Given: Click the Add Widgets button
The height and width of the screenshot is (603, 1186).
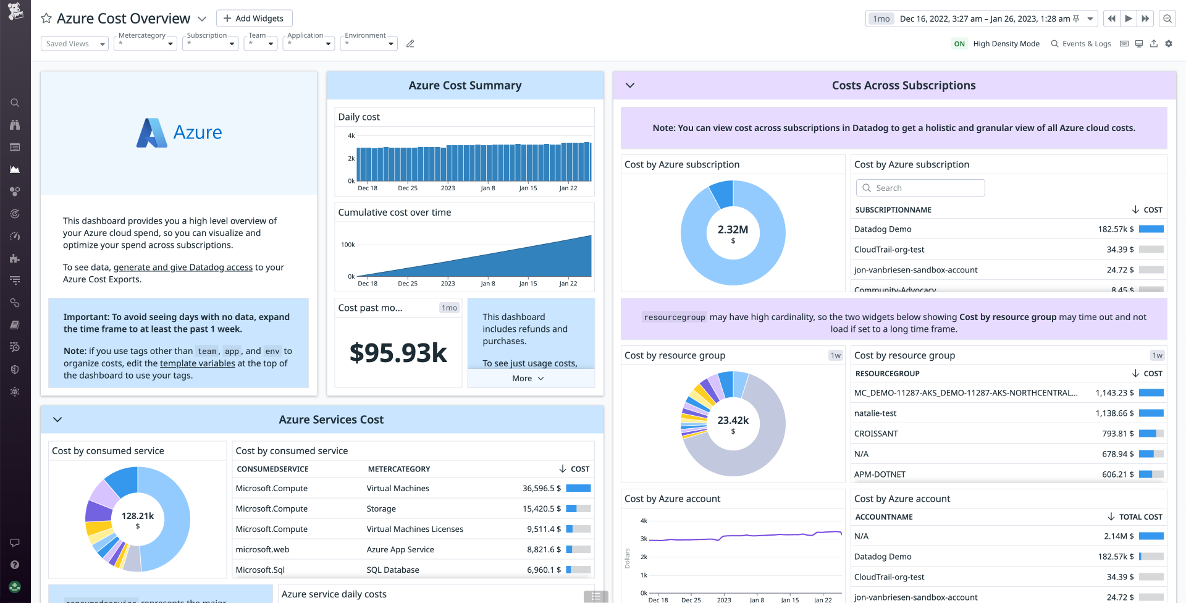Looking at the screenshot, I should (x=254, y=19).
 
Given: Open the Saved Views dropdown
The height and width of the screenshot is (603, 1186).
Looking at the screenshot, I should (x=74, y=44).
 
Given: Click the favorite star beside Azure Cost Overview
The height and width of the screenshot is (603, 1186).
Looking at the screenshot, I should (x=46, y=19).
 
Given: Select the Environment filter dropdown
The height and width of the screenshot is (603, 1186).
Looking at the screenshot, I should (x=369, y=44).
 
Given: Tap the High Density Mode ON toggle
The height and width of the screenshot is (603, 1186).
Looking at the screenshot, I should (x=959, y=44).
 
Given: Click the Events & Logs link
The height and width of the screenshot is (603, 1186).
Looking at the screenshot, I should (x=1081, y=44).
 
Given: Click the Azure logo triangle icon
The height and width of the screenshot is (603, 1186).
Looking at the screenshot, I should (x=151, y=133).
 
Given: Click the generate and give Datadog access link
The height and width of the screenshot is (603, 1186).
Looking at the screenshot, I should (x=183, y=268).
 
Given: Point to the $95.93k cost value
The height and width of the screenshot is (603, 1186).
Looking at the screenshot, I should (x=398, y=353).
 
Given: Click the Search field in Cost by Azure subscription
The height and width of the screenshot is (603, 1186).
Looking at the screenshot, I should (x=920, y=188).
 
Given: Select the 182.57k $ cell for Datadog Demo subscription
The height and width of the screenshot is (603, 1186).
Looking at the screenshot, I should (x=1116, y=229).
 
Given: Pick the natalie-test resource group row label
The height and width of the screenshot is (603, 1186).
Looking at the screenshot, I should (x=875, y=413).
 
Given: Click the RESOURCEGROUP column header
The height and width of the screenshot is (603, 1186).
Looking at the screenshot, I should (x=887, y=374).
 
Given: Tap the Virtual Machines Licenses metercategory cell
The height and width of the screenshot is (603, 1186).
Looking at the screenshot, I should (x=414, y=529).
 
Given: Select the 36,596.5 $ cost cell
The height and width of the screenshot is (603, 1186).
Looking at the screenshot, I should (x=541, y=489).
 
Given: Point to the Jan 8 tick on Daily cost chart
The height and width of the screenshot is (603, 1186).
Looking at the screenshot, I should (x=487, y=188).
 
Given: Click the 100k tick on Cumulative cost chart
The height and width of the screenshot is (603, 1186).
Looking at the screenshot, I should (x=348, y=245).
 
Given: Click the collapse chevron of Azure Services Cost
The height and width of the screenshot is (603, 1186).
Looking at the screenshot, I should (x=57, y=420).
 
